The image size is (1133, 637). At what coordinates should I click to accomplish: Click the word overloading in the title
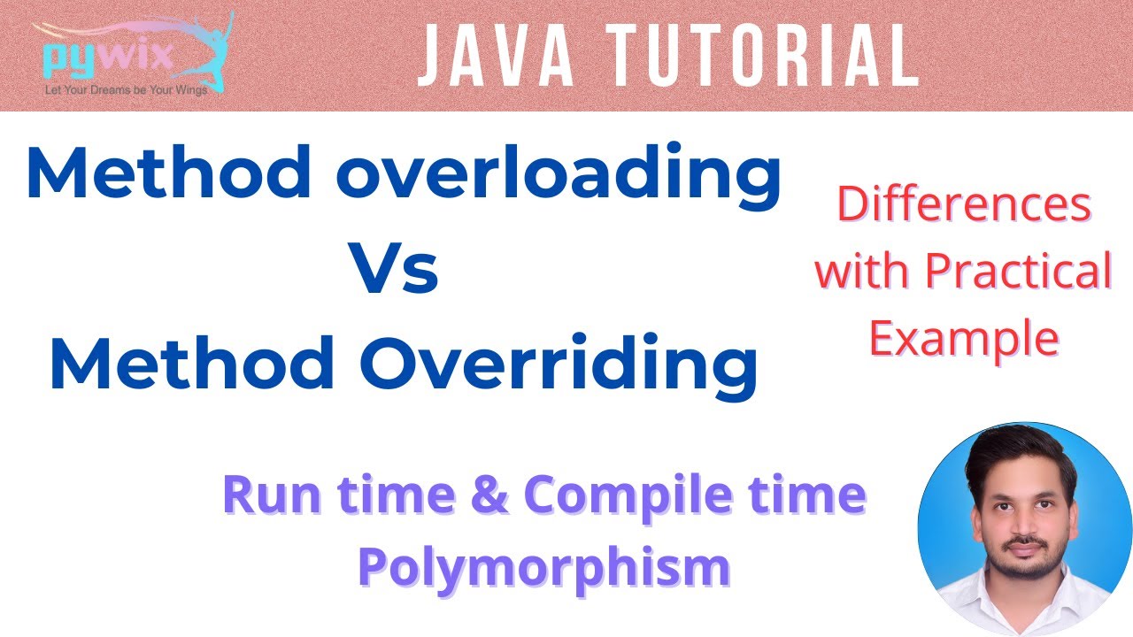(558, 175)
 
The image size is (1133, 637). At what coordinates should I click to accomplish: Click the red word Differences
(964, 205)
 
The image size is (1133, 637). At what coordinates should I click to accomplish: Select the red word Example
(964, 338)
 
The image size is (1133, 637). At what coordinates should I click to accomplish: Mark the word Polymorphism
(543, 566)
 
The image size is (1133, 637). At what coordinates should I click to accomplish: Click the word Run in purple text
(265, 495)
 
